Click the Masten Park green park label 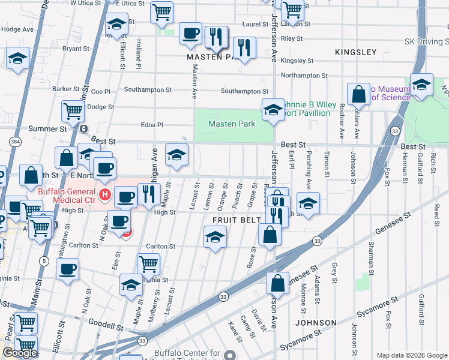[232, 124]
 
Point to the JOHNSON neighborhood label [316, 323]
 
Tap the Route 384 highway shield [13, 141]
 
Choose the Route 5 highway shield [44, 261]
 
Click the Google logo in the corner [20, 353]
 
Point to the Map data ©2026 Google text [411, 355]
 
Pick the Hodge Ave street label [17, 29]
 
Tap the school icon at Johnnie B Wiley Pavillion [273, 110]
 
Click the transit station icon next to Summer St [83, 128]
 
